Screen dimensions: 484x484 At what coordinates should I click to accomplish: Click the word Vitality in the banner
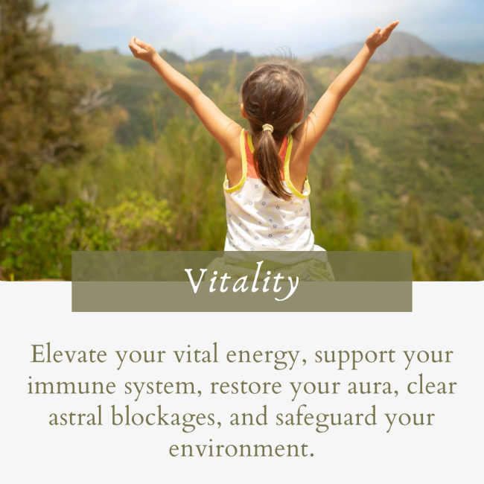tap(242, 282)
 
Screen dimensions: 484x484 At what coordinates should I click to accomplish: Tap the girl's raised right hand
tap(381, 35)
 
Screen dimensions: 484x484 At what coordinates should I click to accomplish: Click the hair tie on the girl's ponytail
tap(266, 128)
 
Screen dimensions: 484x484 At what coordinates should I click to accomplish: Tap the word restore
tap(251, 387)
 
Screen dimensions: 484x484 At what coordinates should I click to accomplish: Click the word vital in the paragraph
tap(193, 354)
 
